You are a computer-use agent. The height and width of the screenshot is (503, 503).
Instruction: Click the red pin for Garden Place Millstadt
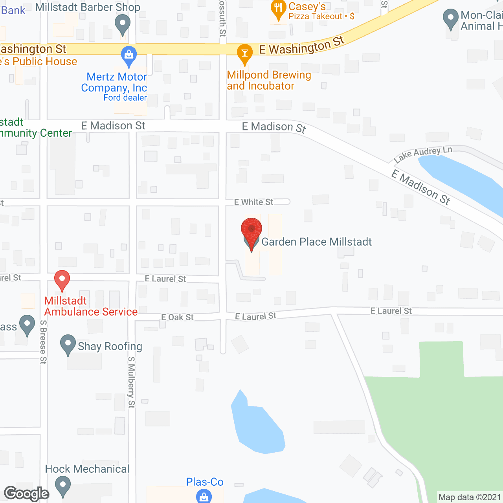pyautogui.click(x=251, y=229)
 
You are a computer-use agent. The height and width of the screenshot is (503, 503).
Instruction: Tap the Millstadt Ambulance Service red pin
pyautogui.click(x=62, y=280)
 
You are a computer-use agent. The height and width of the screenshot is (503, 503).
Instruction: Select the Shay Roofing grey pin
pyautogui.click(x=68, y=344)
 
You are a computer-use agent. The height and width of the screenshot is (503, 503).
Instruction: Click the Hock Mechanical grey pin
pyautogui.click(x=62, y=486)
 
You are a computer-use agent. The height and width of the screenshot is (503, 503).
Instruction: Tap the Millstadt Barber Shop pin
pyautogui.click(x=122, y=24)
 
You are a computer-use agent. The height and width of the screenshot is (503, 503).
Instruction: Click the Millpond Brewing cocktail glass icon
pyautogui.click(x=244, y=54)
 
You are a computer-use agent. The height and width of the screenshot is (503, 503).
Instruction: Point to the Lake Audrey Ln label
pyautogui.click(x=423, y=154)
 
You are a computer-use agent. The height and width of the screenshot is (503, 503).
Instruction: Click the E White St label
pyautogui.click(x=253, y=202)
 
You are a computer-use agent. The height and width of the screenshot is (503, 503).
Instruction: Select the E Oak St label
pyautogui.click(x=177, y=317)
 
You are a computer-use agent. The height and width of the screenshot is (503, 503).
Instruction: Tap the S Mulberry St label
pyautogui.click(x=131, y=382)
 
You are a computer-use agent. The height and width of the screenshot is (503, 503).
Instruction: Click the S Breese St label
pyautogui.click(x=43, y=342)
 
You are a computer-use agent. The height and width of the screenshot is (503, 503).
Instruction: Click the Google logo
pyautogui.click(x=27, y=494)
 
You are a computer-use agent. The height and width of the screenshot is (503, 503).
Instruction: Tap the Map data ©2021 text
pyautogui.click(x=470, y=497)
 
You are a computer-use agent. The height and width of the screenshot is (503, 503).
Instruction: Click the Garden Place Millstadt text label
pyautogui.click(x=316, y=242)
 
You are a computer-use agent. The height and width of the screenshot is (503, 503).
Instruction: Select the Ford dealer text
pyautogui.click(x=125, y=97)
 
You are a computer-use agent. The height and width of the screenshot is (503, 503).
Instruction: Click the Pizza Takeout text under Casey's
pyautogui.click(x=315, y=17)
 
